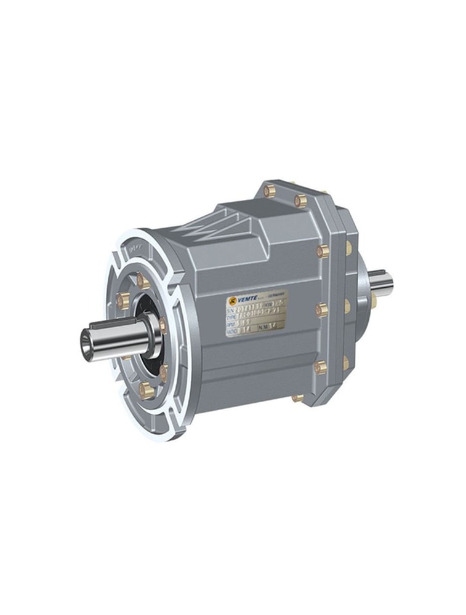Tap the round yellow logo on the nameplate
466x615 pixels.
click(233, 301)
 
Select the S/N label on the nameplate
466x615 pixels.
click(231, 310)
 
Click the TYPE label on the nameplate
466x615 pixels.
click(232, 318)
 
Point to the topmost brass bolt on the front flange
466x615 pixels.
click(143, 281)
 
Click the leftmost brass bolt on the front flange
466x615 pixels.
click(123, 301)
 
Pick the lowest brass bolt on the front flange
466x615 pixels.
click(146, 389)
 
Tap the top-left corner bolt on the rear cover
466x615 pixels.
click(269, 191)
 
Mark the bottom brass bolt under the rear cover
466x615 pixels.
click(298, 397)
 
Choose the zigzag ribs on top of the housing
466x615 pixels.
click(203, 228)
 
